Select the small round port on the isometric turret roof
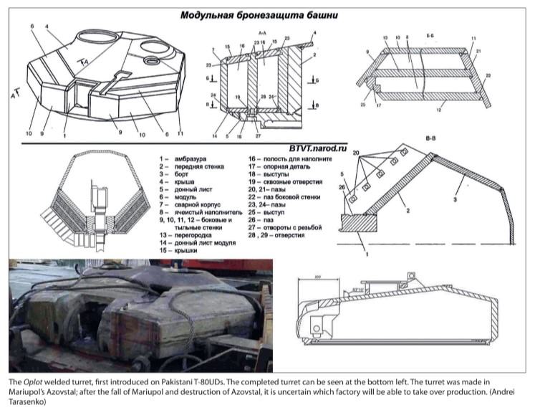153,62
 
